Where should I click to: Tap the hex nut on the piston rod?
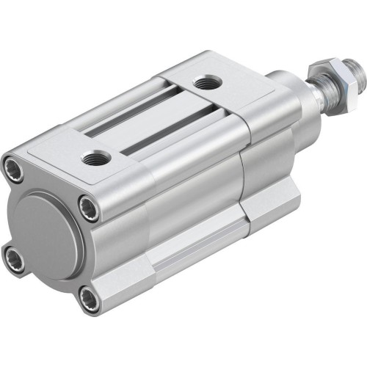coord(321,74)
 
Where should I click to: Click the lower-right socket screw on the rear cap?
coord(88,298)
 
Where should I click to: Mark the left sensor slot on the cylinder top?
coord(128,110)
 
